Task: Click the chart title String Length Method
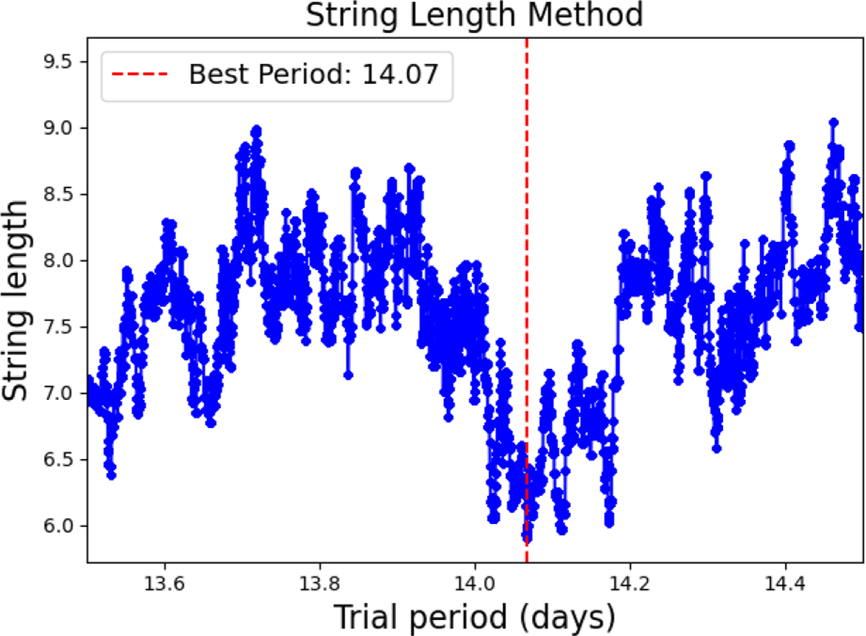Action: pos(474,15)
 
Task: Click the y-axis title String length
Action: pos(14,300)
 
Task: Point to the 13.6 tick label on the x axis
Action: pos(165,583)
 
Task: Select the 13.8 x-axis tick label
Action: pos(320,583)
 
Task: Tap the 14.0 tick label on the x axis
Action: pos(475,583)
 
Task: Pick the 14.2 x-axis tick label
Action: pos(630,583)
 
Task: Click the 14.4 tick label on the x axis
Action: pos(785,583)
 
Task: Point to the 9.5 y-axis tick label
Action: pos(58,61)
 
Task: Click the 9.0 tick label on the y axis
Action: pos(58,128)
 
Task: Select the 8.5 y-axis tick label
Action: pos(58,194)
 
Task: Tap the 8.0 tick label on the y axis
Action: pos(58,261)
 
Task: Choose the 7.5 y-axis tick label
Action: pos(58,327)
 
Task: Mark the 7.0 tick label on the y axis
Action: pos(58,393)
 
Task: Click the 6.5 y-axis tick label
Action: pos(58,460)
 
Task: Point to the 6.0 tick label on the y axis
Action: pos(58,526)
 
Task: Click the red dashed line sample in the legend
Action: pos(139,74)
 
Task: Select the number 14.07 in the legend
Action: pos(400,74)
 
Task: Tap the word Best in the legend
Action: pos(219,74)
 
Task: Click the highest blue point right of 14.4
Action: pos(834,123)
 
